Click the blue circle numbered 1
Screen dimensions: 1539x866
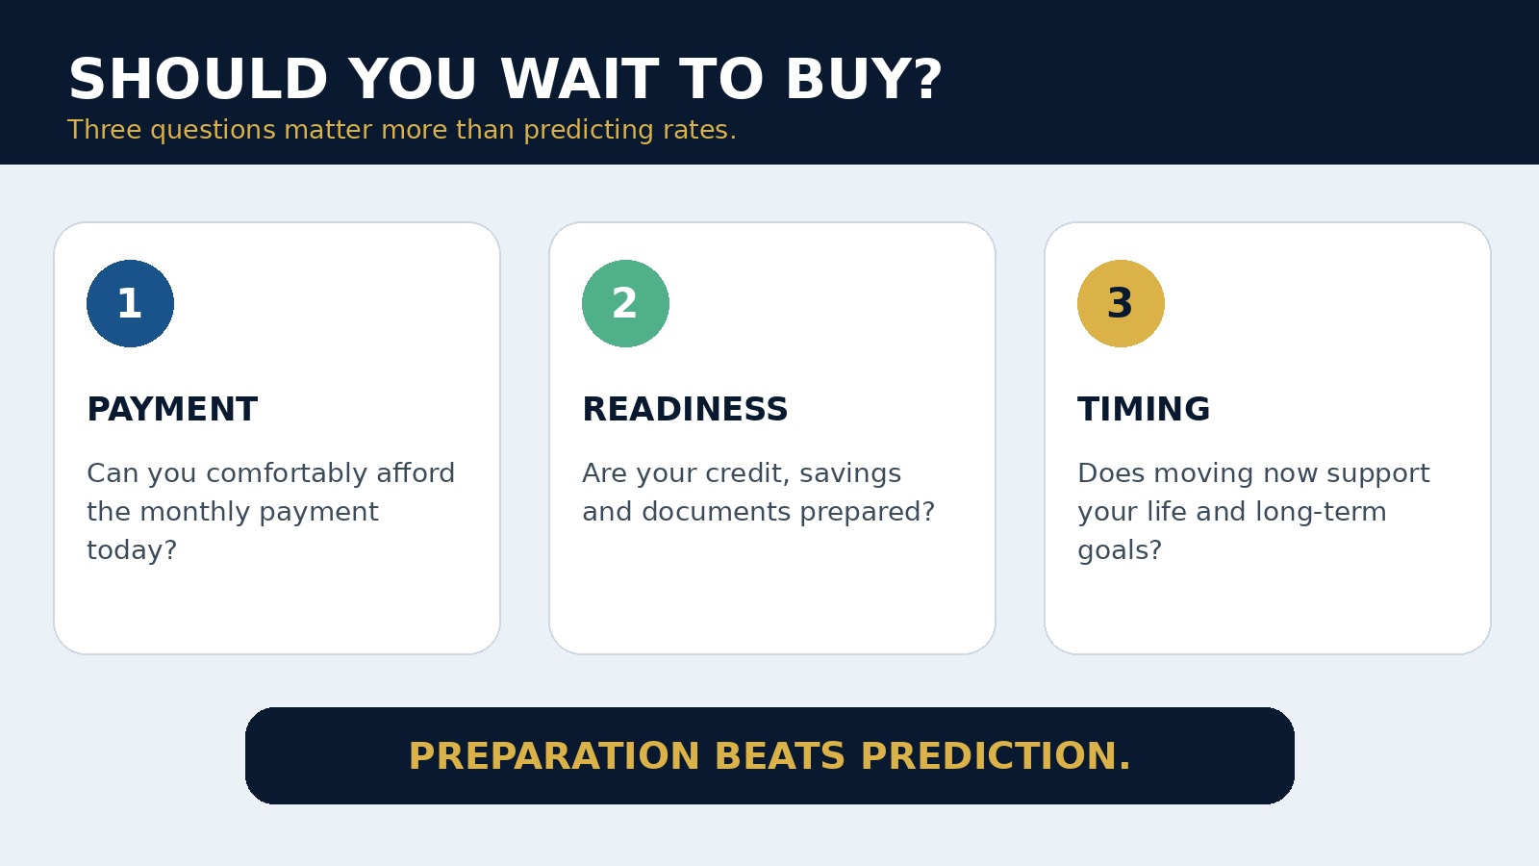pos(130,303)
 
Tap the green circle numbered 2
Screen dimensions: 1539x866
pos(625,303)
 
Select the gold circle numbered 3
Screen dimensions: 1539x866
pos(1121,303)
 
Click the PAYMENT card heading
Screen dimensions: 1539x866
pos(172,409)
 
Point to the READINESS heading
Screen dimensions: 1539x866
pos(685,409)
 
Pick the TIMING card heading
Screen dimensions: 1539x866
pos(1144,409)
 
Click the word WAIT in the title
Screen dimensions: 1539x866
pos(580,79)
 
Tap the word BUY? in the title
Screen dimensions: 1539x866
pos(864,79)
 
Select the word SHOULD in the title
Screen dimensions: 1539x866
pos(198,79)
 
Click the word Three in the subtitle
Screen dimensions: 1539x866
pos(104,130)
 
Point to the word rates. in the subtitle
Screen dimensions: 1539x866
pos(699,130)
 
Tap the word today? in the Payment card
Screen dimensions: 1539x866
pos(132,550)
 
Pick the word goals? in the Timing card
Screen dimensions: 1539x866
pos(1120,550)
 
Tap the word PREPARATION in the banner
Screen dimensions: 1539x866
pos(554,756)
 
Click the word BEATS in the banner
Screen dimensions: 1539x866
pos(780,756)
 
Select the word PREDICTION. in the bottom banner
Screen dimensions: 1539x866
pos(996,756)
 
